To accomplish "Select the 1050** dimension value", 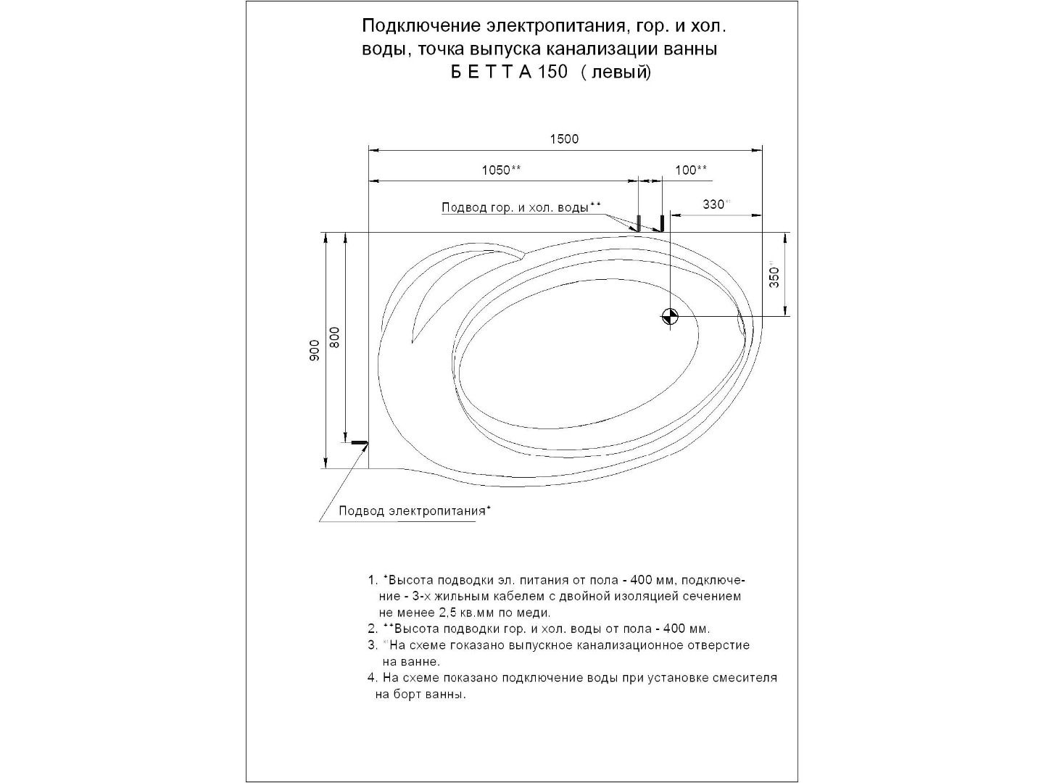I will click(x=501, y=170).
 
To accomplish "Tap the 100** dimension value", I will click(x=691, y=170).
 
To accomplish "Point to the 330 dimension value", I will click(x=714, y=204).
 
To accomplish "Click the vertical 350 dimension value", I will click(x=774, y=276).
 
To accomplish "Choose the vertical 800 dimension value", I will click(x=334, y=337).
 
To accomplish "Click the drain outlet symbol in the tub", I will click(x=668, y=316).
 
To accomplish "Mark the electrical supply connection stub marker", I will click(x=359, y=442).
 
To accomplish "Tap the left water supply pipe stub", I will click(x=639, y=223).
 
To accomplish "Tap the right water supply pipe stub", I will click(x=661, y=223).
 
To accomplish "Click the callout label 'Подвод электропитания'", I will click(x=412, y=511).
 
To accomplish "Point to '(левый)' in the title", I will click(x=616, y=72).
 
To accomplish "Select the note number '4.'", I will click(x=372, y=679).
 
